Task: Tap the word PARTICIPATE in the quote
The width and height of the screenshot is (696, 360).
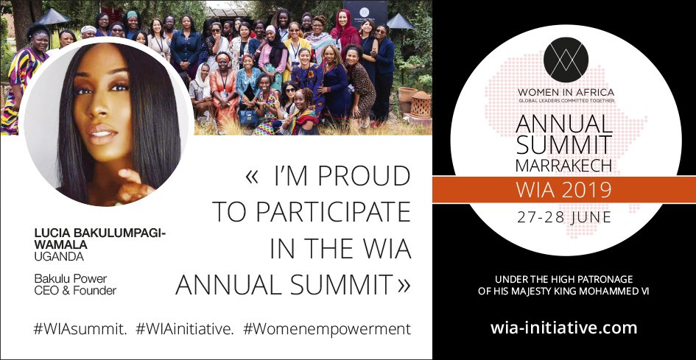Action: click(x=312, y=212)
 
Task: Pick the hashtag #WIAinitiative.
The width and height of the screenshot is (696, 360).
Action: click(x=185, y=328)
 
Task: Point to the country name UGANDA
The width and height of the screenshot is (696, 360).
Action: click(x=59, y=257)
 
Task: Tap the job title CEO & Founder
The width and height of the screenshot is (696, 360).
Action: click(x=75, y=290)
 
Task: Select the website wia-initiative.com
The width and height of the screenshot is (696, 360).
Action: click(x=563, y=327)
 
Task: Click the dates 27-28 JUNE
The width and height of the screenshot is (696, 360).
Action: click(x=563, y=217)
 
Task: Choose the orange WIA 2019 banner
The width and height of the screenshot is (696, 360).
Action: click(x=563, y=190)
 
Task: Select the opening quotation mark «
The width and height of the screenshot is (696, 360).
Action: click(x=252, y=177)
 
